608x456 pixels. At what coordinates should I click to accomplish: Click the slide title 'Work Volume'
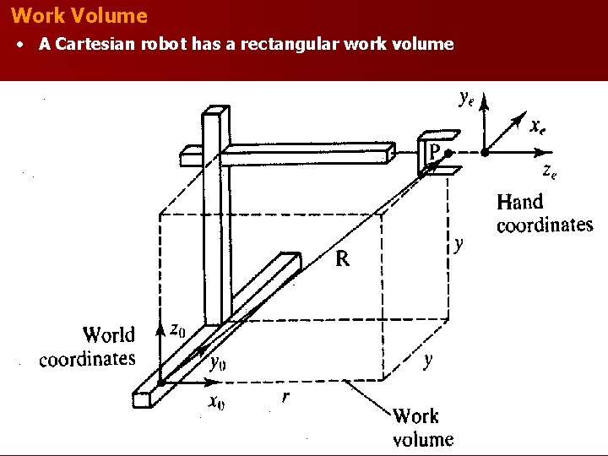[80, 16]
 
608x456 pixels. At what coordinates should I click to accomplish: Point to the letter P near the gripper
[433, 152]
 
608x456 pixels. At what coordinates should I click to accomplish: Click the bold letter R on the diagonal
[343, 259]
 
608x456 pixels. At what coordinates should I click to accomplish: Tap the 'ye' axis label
[465, 100]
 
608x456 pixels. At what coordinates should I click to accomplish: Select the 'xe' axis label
[537, 128]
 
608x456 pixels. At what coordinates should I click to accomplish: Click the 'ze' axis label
[549, 172]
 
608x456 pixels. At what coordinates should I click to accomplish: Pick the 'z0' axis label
[177, 329]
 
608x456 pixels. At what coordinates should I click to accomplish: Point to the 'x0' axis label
[216, 401]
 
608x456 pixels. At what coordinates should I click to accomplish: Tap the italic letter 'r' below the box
[285, 398]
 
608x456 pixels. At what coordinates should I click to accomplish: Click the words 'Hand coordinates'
[544, 213]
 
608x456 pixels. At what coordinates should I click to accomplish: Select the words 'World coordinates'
[88, 346]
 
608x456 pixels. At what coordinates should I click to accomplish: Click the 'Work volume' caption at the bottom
[422, 426]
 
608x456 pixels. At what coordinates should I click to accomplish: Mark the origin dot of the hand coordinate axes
[485, 153]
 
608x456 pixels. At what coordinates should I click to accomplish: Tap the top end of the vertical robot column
[216, 113]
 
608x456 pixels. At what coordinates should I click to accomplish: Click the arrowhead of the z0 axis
[161, 326]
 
